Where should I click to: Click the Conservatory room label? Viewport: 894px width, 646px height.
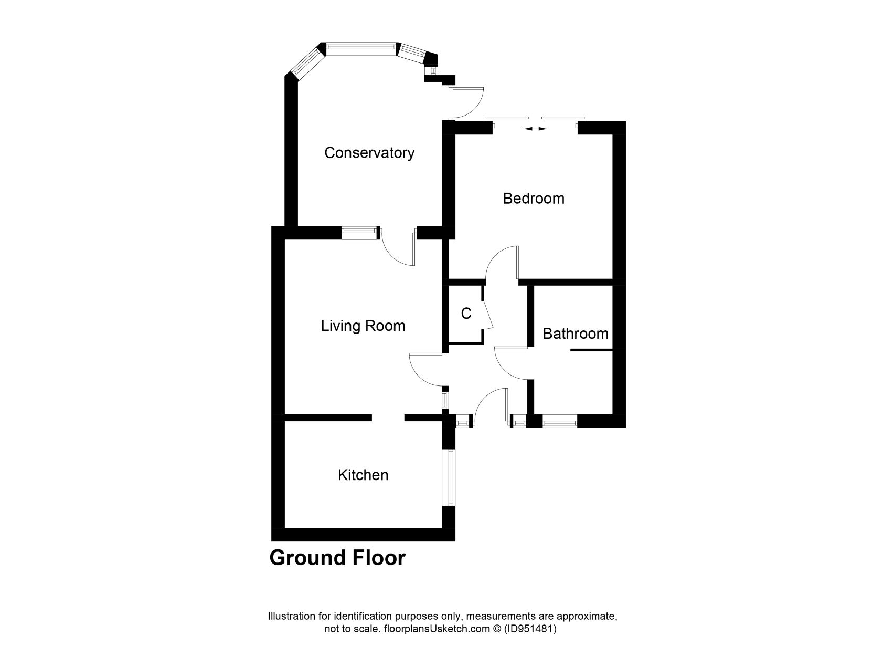[369, 153]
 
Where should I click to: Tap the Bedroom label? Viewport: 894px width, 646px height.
[533, 199]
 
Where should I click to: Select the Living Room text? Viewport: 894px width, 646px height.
[363, 326]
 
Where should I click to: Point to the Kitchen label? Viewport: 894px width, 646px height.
[363, 475]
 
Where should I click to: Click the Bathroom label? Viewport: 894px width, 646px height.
[575, 334]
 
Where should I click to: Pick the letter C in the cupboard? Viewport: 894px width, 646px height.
[466, 314]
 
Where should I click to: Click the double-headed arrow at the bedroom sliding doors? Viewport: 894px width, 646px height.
[535, 129]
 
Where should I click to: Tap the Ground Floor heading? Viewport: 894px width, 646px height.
[337, 558]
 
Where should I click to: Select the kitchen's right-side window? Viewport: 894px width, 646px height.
[449, 477]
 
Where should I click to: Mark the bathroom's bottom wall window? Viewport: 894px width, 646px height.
[559, 421]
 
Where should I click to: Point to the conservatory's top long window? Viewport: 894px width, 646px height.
[361, 48]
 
